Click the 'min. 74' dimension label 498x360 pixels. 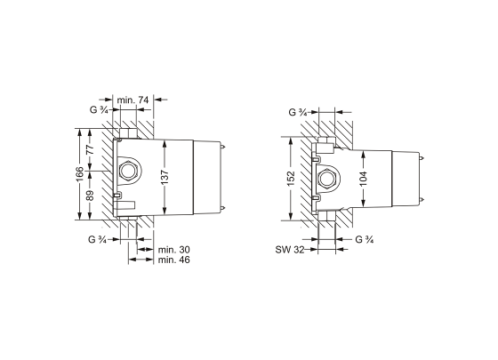pos(133,100)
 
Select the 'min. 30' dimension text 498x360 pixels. pos(174,250)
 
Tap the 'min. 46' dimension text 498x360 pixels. pos(174,260)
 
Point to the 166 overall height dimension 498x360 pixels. pos(79,174)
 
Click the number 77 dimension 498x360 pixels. pos(91,149)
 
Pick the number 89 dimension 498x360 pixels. pos(91,196)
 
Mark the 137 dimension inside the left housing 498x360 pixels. pos(165,177)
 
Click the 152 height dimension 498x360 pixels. pos(291,179)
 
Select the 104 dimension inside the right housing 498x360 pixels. pos(364,179)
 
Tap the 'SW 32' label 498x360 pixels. pos(290,250)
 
